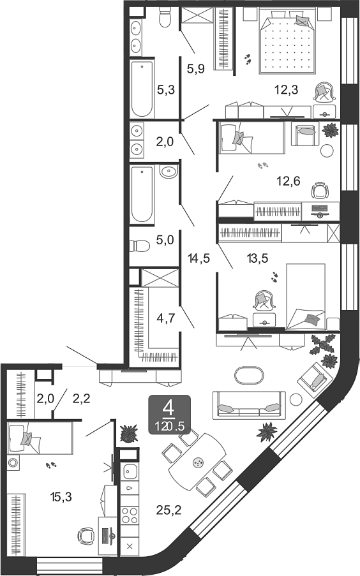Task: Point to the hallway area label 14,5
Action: click(x=200, y=259)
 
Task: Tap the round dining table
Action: click(x=197, y=464)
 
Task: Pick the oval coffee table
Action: click(x=248, y=376)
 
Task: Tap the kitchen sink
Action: click(x=130, y=473)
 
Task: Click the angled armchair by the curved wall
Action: click(x=313, y=378)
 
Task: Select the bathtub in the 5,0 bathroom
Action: click(x=142, y=195)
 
